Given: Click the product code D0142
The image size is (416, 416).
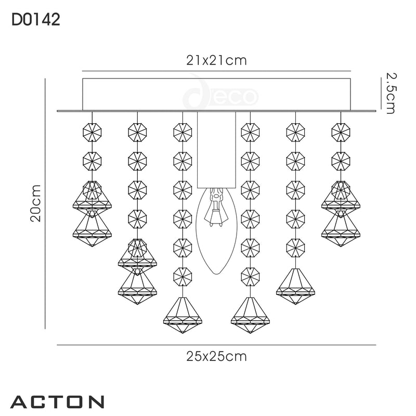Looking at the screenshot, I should (x=35, y=20).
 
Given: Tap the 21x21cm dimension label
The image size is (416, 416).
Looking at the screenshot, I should (x=216, y=61).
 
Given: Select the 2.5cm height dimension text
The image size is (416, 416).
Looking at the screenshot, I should (x=390, y=93).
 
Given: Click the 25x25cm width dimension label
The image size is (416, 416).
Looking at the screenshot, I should (x=216, y=357).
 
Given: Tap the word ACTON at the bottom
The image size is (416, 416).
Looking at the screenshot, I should (x=57, y=401).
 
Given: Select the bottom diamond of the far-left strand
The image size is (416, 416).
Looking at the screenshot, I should (x=92, y=229).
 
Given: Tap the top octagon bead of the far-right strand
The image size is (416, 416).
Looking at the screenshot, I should (x=341, y=130).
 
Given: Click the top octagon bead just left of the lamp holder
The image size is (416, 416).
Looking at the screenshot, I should (x=182, y=130).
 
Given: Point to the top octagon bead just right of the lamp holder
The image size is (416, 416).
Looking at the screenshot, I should (x=250, y=130).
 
